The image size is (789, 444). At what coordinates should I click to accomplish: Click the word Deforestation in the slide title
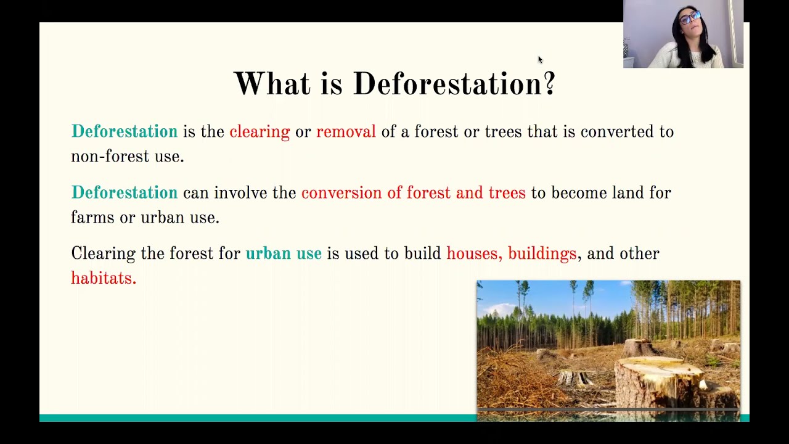(446, 84)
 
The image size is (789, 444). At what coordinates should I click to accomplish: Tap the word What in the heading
(271, 84)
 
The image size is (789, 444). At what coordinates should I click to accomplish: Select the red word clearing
(260, 132)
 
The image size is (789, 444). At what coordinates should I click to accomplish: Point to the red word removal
(346, 132)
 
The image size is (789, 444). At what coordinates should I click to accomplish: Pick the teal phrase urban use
(284, 253)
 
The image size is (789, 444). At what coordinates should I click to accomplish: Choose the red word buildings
(542, 253)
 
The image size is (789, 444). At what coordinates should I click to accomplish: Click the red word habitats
(103, 278)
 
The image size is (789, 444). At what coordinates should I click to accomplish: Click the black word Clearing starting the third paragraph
(103, 253)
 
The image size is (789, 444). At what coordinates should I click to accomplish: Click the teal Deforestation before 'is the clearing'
(125, 132)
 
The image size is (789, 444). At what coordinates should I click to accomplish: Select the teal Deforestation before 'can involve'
(125, 193)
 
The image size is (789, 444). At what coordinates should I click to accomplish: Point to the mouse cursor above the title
(540, 59)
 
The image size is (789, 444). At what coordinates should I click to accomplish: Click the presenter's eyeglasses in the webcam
(690, 17)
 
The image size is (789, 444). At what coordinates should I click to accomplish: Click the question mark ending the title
(549, 84)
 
